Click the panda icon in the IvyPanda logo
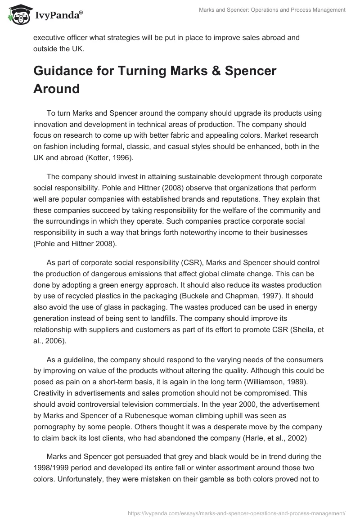(18, 14)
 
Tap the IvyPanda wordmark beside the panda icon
(58, 16)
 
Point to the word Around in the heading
(56, 89)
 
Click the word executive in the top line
(50, 37)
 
